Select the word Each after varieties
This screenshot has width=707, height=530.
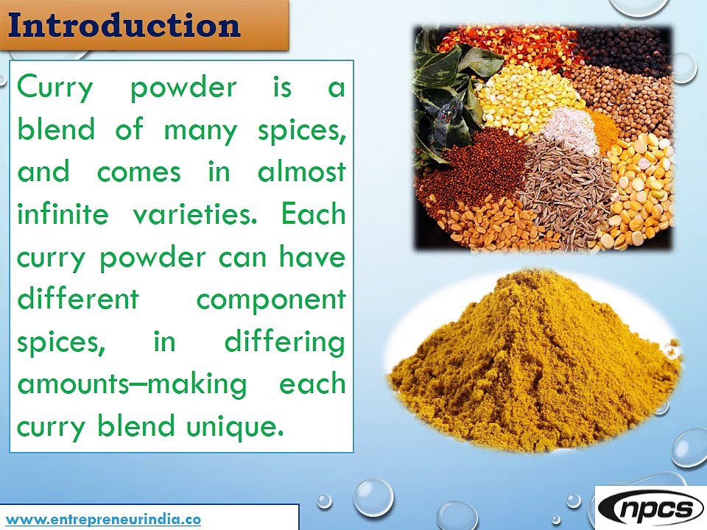313,214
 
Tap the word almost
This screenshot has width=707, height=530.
301,172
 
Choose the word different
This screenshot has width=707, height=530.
77,299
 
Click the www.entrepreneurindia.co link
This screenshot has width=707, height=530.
104,518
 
